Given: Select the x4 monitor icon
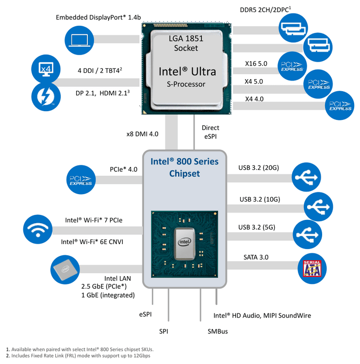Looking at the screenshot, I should click(x=45, y=68).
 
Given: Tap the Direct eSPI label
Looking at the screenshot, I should click(x=210, y=132).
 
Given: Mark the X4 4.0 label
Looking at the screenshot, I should click(x=254, y=99).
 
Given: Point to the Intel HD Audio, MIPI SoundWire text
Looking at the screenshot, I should click(x=262, y=315).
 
